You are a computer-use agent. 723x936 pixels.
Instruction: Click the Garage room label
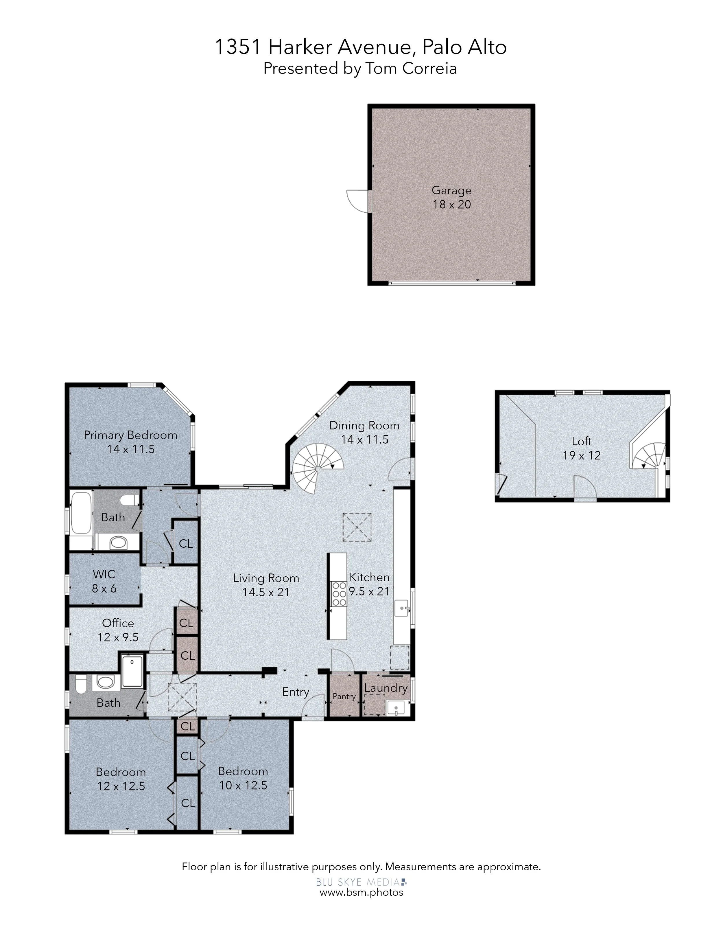click(451, 197)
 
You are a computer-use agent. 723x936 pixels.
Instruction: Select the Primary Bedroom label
click(131, 442)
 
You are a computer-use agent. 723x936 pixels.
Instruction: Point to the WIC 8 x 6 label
click(104, 581)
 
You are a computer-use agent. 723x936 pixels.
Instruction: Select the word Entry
click(296, 692)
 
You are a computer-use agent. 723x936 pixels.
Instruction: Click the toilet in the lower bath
click(80, 685)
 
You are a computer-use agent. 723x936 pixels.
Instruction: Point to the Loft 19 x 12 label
click(582, 448)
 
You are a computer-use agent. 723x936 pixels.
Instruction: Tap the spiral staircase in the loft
click(648, 456)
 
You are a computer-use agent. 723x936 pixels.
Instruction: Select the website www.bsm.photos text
click(361, 892)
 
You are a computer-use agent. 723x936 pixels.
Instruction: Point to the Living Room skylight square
click(357, 527)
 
